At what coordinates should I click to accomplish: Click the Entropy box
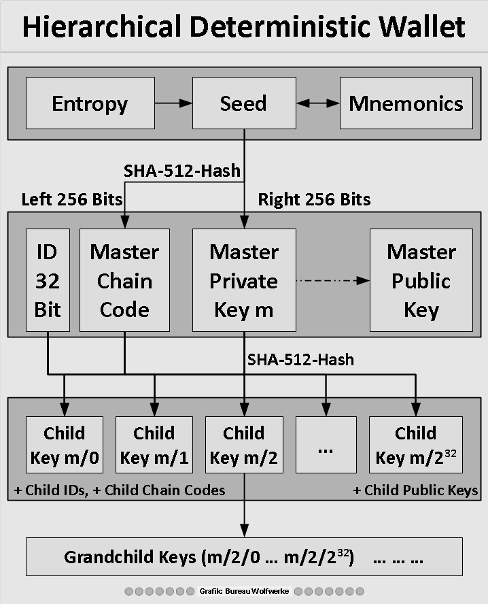click(90, 103)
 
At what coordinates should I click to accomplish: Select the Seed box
click(244, 103)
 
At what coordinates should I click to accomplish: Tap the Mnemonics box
click(406, 103)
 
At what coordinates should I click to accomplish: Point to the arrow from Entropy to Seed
click(173, 103)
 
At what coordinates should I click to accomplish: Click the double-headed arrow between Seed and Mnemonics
click(318, 103)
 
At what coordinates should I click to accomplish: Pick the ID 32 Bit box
click(48, 280)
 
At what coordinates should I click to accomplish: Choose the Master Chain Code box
click(124, 280)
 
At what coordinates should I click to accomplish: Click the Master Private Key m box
click(244, 280)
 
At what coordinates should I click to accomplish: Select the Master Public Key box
click(421, 280)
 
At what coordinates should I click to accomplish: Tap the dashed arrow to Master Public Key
click(333, 280)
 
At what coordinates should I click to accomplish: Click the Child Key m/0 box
click(65, 445)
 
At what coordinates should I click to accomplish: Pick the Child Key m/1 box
click(154, 445)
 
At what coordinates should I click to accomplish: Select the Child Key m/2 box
click(244, 445)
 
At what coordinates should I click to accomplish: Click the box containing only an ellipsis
click(326, 445)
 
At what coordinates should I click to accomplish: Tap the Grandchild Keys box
click(244, 556)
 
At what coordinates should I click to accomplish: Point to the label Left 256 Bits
click(72, 199)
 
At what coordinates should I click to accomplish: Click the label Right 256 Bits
click(314, 199)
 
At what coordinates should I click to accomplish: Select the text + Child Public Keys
click(415, 490)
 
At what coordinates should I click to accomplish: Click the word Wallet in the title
click(421, 27)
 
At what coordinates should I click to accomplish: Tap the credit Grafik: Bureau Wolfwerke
click(244, 591)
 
